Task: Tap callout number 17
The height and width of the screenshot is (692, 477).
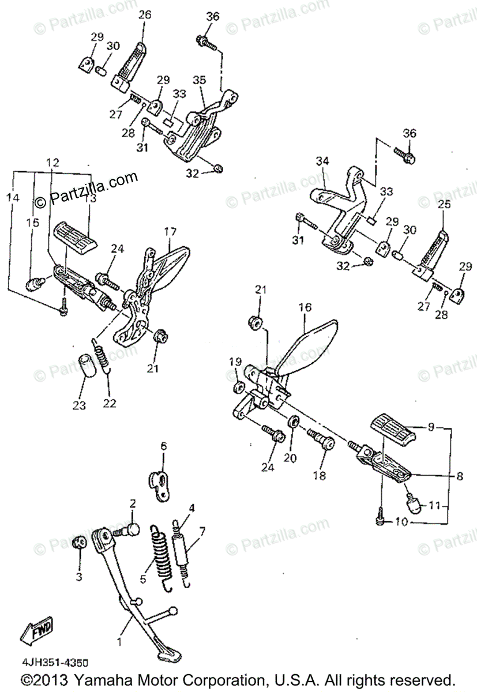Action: point(170,232)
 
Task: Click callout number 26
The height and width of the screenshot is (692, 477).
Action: point(144,15)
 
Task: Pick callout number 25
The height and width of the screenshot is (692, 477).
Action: point(444,204)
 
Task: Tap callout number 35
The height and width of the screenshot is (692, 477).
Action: point(199,80)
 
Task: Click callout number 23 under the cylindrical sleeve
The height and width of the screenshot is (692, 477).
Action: point(79,405)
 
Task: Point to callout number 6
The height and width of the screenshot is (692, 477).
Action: point(163,446)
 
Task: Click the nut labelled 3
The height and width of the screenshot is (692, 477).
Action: point(80,543)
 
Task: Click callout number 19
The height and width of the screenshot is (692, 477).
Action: point(234,362)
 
